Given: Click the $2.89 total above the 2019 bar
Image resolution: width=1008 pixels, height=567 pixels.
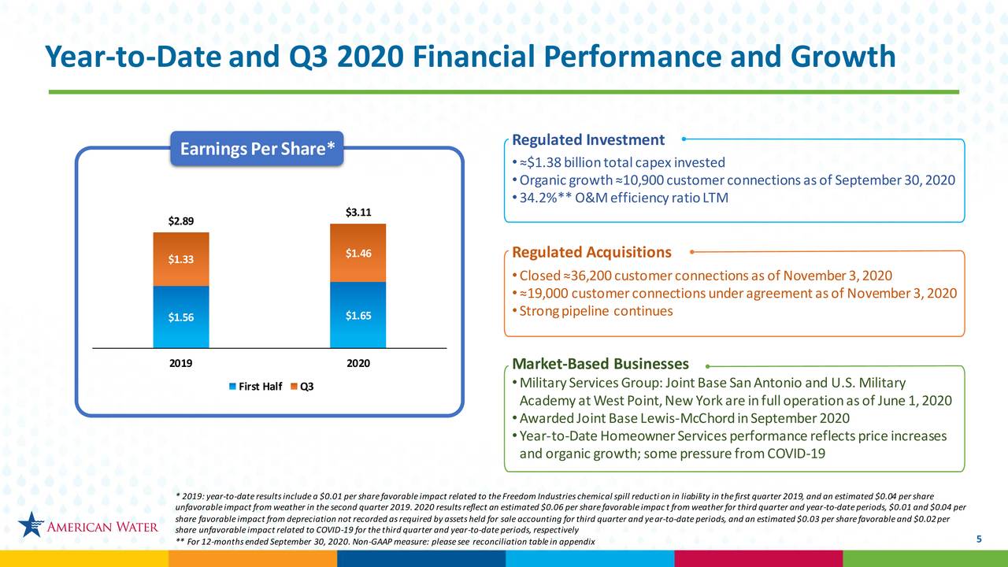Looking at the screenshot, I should click(181, 220).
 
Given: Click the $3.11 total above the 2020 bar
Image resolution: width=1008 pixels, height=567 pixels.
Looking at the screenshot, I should click(358, 212).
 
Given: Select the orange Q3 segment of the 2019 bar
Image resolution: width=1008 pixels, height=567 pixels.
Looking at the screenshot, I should click(181, 259).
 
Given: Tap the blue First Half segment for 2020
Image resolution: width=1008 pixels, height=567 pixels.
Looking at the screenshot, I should click(358, 315).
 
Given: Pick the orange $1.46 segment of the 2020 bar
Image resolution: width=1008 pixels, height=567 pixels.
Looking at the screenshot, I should click(358, 253).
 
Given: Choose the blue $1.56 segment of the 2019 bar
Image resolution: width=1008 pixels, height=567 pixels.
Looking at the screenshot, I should click(181, 317).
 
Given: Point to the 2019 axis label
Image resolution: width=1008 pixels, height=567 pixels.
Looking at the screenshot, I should click(181, 364).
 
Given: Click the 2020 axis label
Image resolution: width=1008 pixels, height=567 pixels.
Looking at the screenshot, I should click(358, 364).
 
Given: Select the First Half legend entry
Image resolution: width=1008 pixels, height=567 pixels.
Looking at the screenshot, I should click(255, 386).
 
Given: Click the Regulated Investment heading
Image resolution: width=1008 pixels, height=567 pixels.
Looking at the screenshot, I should click(587, 140).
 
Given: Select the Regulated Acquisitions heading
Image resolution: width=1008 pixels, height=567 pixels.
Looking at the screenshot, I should click(591, 252).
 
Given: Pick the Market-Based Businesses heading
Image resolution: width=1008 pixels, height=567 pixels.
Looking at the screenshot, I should click(600, 364).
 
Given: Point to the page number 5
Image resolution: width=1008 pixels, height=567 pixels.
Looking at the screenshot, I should click(978, 539).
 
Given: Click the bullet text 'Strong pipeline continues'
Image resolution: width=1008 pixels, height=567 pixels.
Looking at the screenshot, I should click(596, 310).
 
